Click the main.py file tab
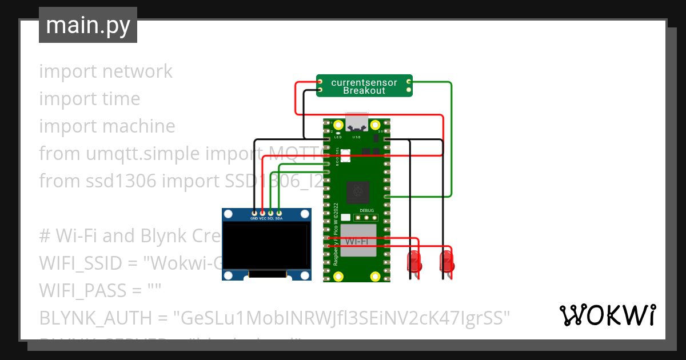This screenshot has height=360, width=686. tap(87, 25)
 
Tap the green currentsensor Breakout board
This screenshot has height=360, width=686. tap(364, 86)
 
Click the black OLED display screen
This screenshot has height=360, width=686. tap(266, 246)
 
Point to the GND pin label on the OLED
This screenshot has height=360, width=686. tap(254, 218)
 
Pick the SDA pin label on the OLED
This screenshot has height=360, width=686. tap(279, 218)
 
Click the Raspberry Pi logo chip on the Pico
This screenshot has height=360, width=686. tap(358, 191)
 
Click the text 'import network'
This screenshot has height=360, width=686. tap(106, 71)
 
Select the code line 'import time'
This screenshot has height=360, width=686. tap(90, 99)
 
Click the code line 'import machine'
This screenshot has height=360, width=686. tap(107, 126)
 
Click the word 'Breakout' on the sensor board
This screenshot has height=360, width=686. tap(364, 91)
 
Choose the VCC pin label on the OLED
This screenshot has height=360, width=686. tap(263, 218)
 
